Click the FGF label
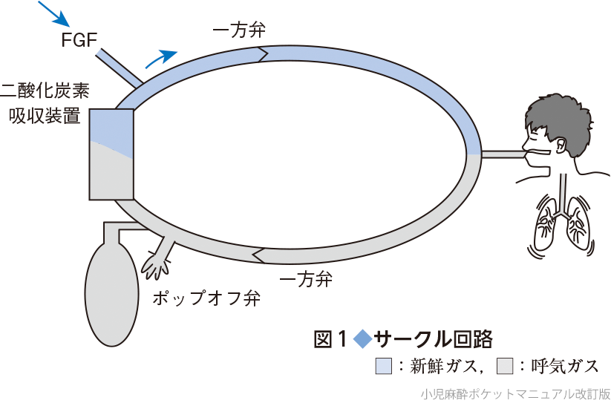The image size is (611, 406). point(79,39)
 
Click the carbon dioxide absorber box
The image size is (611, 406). point(111,154)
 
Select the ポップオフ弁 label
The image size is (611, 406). point(206,298)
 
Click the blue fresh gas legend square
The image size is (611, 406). point(383,366)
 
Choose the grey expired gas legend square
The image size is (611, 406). point(505,366)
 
